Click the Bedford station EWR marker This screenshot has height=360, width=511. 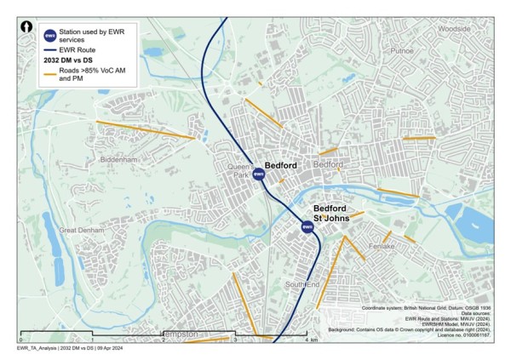(259, 174)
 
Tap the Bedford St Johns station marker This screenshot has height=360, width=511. (307, 226)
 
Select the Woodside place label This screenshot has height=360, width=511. (453, 28)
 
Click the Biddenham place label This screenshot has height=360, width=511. (118, 159)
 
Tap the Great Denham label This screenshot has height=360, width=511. (79, 230)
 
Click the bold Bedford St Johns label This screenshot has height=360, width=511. (330, 213)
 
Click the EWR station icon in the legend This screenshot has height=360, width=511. (49, 35)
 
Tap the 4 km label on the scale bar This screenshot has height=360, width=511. (312, 340)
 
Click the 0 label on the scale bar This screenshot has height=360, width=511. (20, 340)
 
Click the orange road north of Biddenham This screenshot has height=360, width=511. (145, 130)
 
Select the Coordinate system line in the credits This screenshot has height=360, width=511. (426, 306)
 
